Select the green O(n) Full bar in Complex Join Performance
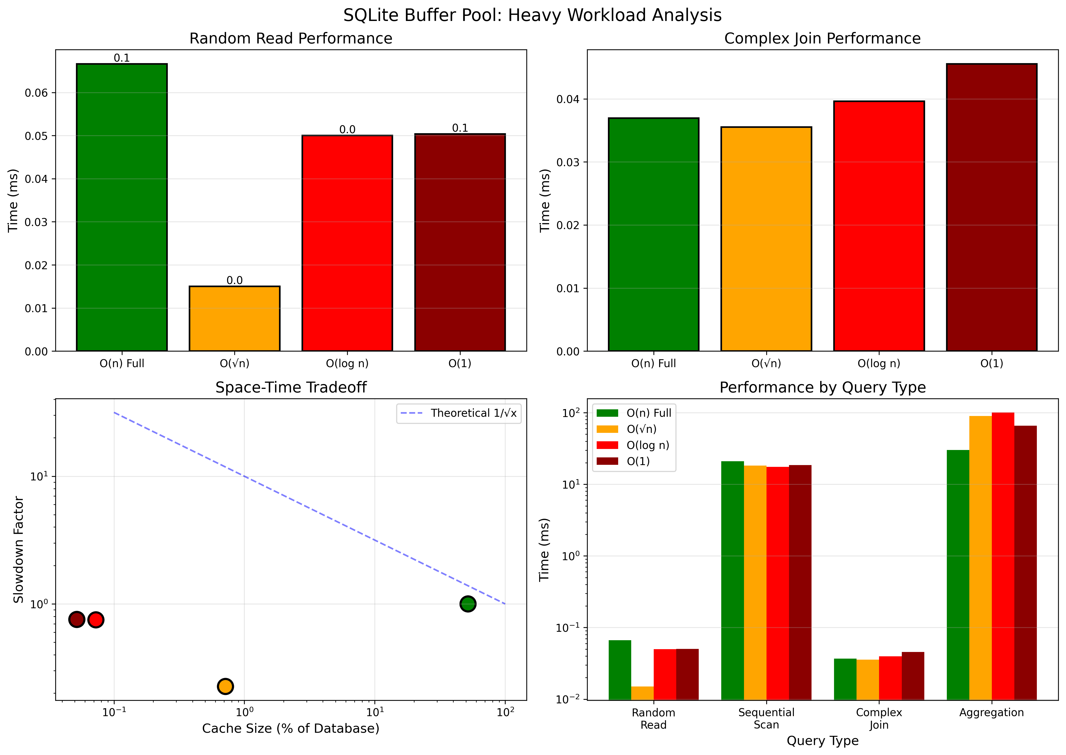pyautogui.click(x=653, y=235)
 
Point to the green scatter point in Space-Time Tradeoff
pyautogui.click(x=468, y=604)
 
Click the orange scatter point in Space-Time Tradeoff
pyautogui.click(x=225, y=686)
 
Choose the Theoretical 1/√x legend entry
pyautogui.click(x=473, y=413)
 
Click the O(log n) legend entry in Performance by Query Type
pyautogui.click(x=647, y=445)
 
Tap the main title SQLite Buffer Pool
pyautogui.click(x=532, y=15)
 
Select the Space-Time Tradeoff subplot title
pyautogui.click(x=291, y=388)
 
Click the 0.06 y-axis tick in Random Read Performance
pyautogui.click(x=36, y=93)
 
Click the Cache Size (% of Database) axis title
pyautogui.click(x=291, y=728)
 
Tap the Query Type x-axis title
pyautogui.click(x=822, y=741)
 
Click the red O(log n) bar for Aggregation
pyautogui.click(x=1003, y=556)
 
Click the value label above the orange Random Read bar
pyautogui.click(x=235, y=280)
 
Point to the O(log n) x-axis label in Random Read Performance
pyautogui.click(x=347, y=364)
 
